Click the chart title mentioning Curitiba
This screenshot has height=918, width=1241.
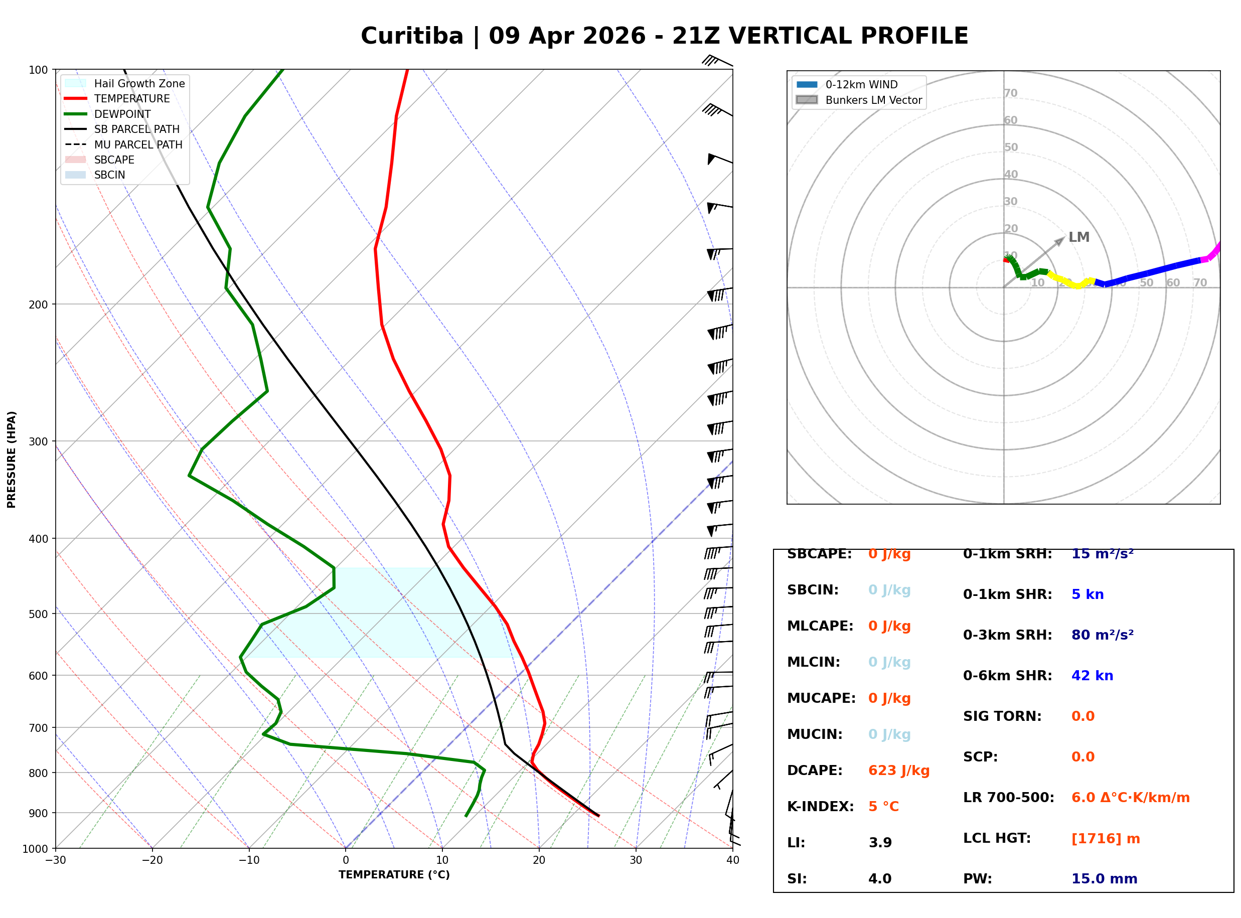664,36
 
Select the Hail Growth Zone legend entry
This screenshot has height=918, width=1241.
139,83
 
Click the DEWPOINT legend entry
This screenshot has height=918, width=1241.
122,114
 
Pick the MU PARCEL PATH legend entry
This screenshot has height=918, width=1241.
138,144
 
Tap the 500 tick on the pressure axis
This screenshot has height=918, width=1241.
38,614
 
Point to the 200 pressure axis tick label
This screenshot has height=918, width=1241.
38,304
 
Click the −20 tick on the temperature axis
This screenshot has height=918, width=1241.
151,860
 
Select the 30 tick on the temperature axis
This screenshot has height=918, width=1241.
636,860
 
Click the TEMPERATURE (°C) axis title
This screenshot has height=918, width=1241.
394,875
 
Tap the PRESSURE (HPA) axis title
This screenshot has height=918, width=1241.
12,460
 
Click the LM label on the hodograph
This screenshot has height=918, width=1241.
1079,237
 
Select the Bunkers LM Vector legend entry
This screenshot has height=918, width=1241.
873,100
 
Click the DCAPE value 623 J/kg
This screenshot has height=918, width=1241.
899,771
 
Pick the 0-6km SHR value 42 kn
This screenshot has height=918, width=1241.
1092,676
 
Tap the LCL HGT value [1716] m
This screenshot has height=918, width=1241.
1106,839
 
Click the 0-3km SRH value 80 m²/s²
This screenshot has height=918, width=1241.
1102,635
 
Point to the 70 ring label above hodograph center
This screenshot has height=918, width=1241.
1010,93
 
